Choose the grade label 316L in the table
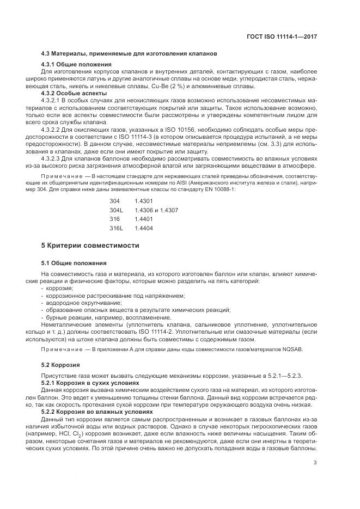116,228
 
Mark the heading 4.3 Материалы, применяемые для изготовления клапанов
130,54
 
